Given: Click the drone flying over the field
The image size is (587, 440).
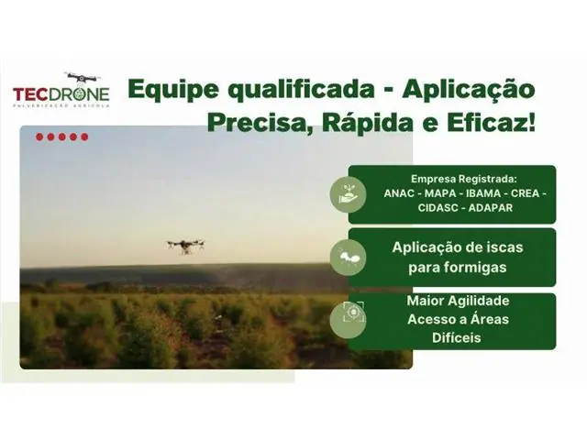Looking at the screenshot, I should (x=185, y=245).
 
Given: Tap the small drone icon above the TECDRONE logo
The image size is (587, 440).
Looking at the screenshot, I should (x=82, y=79).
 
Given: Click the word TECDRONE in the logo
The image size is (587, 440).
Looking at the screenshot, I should (x=61, y=94).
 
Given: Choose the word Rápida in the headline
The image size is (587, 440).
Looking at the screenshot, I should (x=365, y=123).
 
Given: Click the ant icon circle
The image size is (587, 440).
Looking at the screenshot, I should (x=349, y=257).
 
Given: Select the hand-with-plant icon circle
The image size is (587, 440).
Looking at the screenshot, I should (x=349, y=193).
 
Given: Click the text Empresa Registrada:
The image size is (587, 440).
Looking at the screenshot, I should (x=451, y=179).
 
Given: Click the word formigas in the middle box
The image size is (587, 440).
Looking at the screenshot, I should (x=452, y=267).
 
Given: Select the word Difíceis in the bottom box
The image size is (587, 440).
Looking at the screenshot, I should (x=452, y=337).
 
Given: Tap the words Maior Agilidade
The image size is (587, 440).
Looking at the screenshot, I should (x=452, y=301).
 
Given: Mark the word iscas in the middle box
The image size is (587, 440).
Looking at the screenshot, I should (x=493, y=247).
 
